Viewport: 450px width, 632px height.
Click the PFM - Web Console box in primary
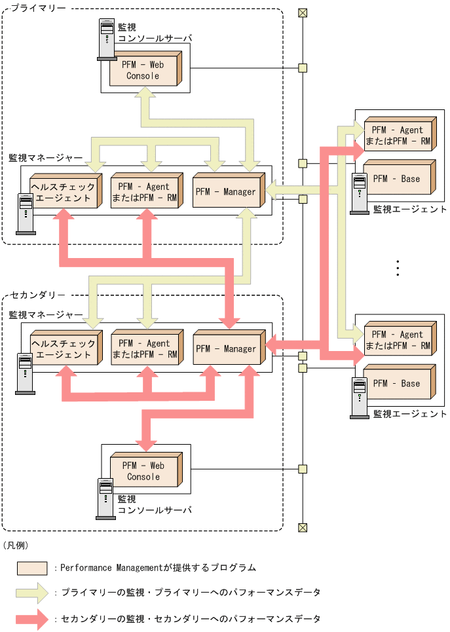(143, 71)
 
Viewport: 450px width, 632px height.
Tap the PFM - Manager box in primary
(226, 192)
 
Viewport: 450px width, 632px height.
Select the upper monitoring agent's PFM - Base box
(397, 179)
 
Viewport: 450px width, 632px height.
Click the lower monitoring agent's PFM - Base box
(397, 383)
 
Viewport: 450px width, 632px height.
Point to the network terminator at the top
(302, 12)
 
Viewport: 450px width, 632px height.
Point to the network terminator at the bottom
(302, 527)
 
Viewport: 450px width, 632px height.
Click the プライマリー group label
(38, 9)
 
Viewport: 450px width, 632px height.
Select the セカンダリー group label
(38, 296)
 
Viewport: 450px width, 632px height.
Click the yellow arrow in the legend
(33, 593)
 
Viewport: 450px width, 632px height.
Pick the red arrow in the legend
(33, 619)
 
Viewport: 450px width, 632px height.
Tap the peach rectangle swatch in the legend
(32, 568)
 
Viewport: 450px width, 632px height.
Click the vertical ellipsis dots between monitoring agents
(398, 269)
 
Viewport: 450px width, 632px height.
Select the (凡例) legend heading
(15, 545)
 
